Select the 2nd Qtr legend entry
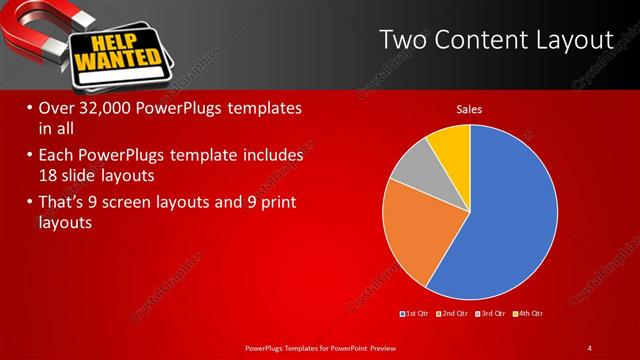454,315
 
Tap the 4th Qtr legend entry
529,315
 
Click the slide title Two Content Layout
496,39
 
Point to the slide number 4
590,347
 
